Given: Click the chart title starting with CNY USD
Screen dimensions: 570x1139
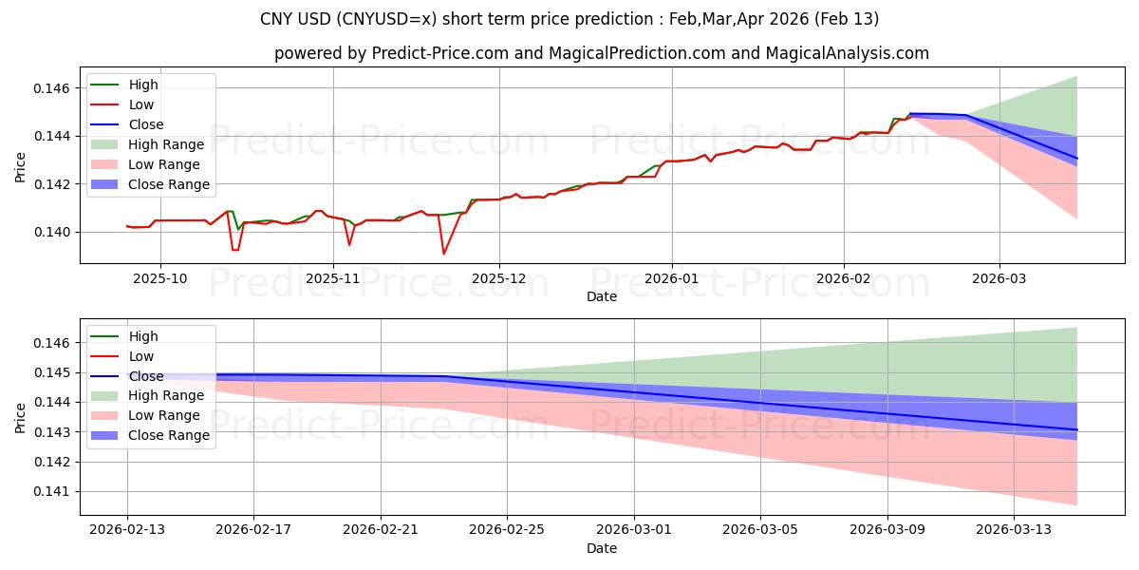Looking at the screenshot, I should click(569, 19).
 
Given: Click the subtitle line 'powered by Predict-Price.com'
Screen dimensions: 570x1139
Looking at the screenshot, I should click(602, 54).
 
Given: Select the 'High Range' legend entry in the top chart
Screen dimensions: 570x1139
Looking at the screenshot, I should click(166, 144).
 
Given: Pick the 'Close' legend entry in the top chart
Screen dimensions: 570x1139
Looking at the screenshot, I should click(146, 124).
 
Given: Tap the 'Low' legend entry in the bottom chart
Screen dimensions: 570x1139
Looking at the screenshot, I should click(141, 356).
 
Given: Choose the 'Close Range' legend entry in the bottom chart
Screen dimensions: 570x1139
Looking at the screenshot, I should click(169, 435).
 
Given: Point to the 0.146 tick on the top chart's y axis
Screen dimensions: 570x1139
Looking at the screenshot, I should click(52, 88).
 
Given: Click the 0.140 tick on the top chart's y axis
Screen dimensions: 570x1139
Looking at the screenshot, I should click(52, 232).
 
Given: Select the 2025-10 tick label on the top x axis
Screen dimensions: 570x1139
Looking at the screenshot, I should click(159, 277).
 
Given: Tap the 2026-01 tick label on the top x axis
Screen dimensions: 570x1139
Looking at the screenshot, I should click(672, 277).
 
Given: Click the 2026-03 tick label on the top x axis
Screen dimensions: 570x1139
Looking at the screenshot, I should click(999, 277).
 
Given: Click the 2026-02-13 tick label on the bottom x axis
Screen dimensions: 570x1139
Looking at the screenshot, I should click(127, 529).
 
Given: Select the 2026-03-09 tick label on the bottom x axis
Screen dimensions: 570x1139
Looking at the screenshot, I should click(887, 529).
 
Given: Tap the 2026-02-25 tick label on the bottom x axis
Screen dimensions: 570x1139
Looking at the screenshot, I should click(508, 529).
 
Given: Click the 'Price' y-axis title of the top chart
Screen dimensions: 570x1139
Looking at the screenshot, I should click(21, 166).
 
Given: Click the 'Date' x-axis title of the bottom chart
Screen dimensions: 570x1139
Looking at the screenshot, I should click(602, 548).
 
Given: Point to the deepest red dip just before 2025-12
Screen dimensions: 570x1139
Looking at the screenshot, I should click(443, 254).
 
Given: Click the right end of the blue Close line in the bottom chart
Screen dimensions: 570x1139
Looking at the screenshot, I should click(1076, 430).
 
